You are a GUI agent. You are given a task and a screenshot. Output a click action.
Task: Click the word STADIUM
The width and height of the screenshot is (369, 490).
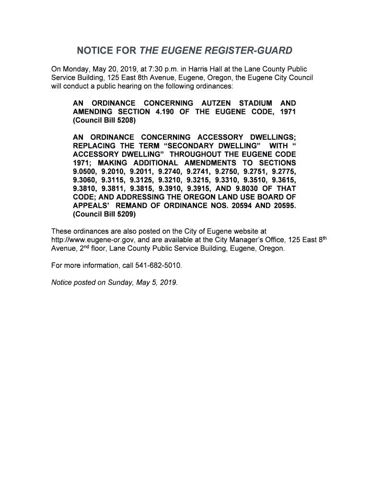[253, 103]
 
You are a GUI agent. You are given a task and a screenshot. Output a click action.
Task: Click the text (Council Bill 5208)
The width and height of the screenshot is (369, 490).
[104, 121]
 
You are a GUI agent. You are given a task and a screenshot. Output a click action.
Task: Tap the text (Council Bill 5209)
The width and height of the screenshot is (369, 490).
[104, 214]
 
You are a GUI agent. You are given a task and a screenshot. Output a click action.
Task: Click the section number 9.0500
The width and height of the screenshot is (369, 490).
[84, 171]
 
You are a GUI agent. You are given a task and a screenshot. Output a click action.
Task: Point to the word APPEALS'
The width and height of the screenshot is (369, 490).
[91, 206]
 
